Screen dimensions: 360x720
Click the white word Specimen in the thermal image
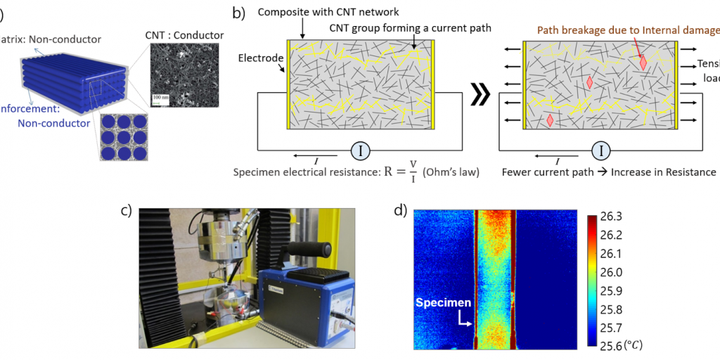[x=441, y=303]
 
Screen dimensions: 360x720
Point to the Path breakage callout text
[x=627, y=30]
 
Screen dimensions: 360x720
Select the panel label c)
[x=127, y=210]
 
